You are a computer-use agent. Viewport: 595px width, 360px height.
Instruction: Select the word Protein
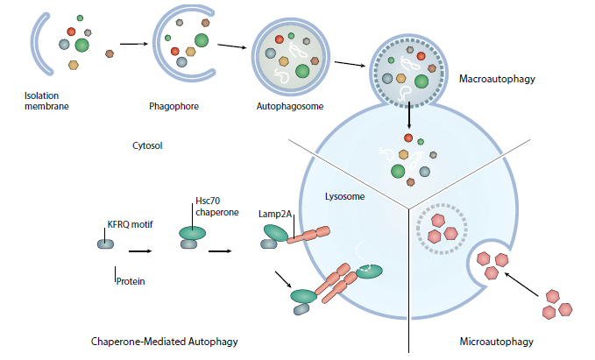131,282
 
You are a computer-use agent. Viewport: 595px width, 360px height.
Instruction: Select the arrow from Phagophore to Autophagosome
230,47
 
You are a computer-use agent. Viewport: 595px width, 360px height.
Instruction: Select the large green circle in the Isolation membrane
82,45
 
